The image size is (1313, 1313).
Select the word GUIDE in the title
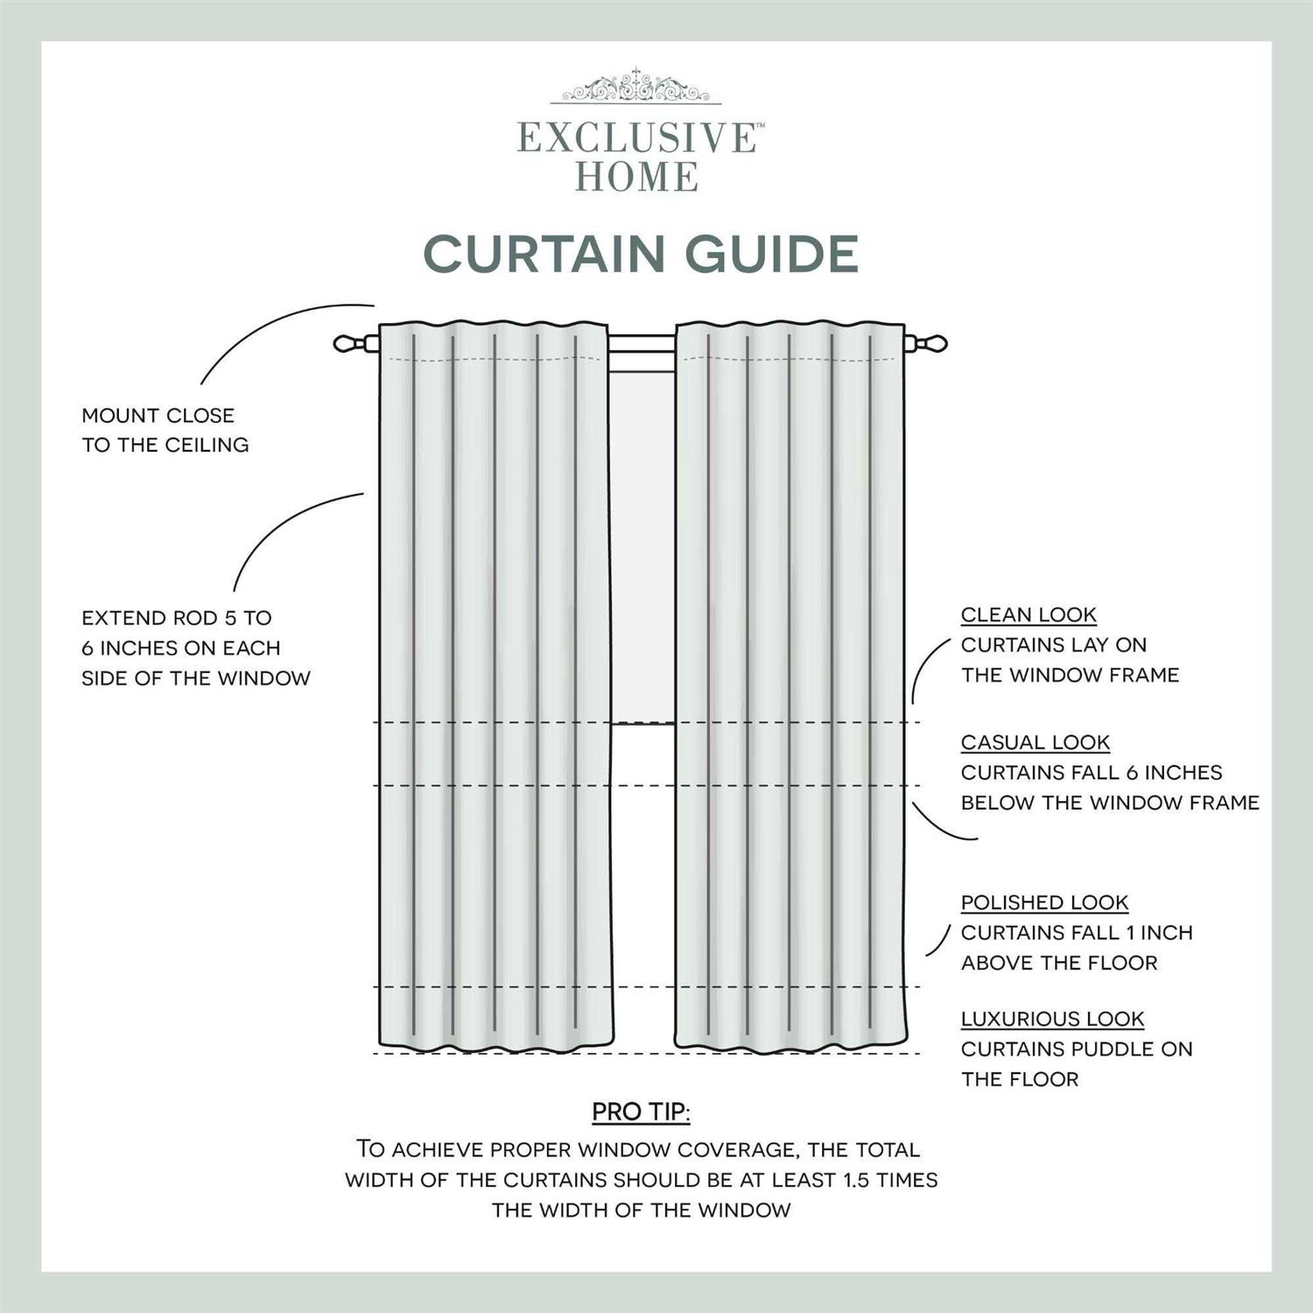pos(771,254)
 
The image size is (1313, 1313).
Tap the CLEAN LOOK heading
pos(1029,615)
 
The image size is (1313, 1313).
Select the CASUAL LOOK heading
pos(1035,742)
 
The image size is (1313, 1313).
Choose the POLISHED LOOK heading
pos(1044,902)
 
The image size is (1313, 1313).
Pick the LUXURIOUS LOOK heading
pos(1052,1019)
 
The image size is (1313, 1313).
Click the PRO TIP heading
pos(641,1113)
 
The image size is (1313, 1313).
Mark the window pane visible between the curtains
pos(642,543)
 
